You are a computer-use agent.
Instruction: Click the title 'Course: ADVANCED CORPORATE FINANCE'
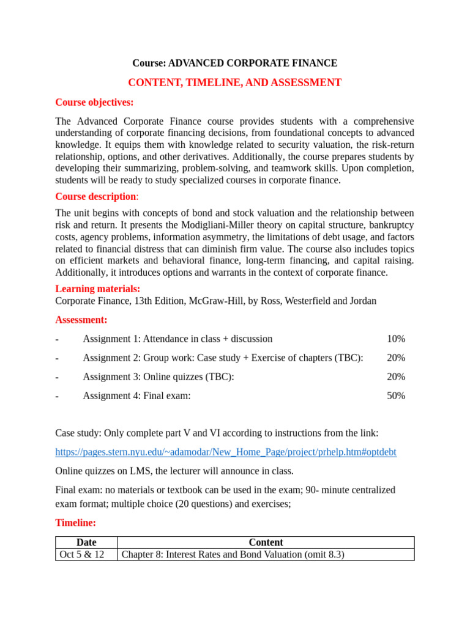pyautogui.click(x=235, y=63)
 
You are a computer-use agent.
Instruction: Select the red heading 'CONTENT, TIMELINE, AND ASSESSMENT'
pyautogui.click(x=235, y=83)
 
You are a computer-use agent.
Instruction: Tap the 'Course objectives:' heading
pyautogui.click(x=94, y=102)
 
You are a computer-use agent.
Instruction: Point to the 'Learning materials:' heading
pyautogui.click(x=97, y=289)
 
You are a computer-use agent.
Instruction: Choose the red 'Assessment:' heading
pyautogui.click(x=81, y=320)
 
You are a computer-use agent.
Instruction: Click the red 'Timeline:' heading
pyautogui.click(x=76, y=523)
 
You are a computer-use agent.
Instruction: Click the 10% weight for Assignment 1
pyautogui.click(x=396, y=339)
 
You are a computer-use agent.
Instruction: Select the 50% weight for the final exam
pyautogui.click(x=396, y=396)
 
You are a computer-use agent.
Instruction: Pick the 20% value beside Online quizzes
pyautogui.click(x=396, y=377)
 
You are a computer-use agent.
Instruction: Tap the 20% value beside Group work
pyautogui.click(x=396, y=358)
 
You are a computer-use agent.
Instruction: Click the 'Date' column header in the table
pyautogui.click(x=86, y=542)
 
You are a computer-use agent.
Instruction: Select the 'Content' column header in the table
pyautogui.click(x=266, y=542)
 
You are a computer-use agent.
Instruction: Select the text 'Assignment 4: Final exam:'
pyautogui.click(x=136, y=396)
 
